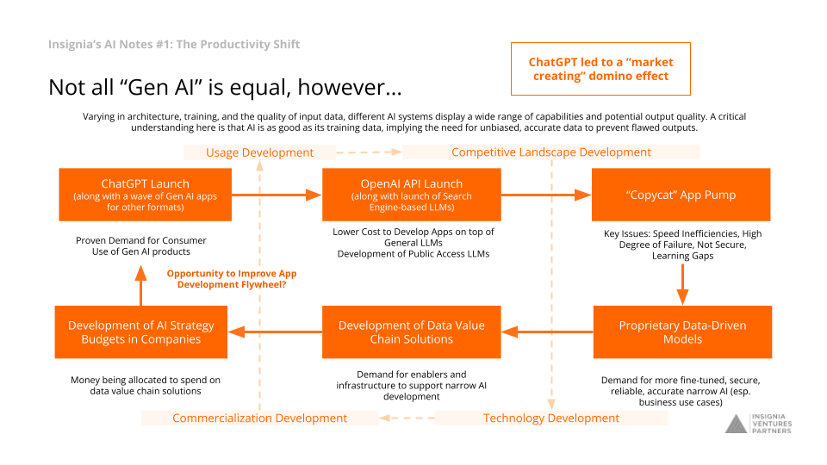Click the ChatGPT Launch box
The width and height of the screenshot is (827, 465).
[x=145, y=195]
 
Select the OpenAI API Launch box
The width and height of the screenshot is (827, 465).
[x=412, y=195]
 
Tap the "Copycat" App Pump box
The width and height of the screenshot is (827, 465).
[x=681, y=195]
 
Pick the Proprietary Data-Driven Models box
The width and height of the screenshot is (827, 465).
[x=682, y=332]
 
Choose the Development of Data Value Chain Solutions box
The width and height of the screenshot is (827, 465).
[x=412, y=332]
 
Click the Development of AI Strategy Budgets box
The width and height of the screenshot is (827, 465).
[x=140, y=332]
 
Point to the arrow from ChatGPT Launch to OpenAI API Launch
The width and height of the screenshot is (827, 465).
[x=277, y=195]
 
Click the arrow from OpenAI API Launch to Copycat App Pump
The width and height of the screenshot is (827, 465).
[x=546, y=195]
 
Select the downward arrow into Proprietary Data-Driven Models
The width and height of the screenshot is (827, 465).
[x=682, y=284]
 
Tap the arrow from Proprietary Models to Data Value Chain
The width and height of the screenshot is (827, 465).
[x=547, y=332]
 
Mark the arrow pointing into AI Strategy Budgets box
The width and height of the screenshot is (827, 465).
[x=275, y=332]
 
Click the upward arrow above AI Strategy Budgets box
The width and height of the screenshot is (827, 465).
[x=140, y=285]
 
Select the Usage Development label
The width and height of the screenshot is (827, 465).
[x=259, y=152]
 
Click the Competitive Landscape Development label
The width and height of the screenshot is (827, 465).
[x=551, y=152]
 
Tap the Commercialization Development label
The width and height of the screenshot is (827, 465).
[x=259, y=418]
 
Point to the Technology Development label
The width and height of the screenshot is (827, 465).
[x=551, y=418]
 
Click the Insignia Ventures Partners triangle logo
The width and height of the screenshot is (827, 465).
[x=737, y=424]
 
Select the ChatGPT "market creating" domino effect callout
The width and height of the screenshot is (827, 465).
[x=600, y=69]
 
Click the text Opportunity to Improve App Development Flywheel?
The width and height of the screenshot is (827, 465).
[x=232, y=279]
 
